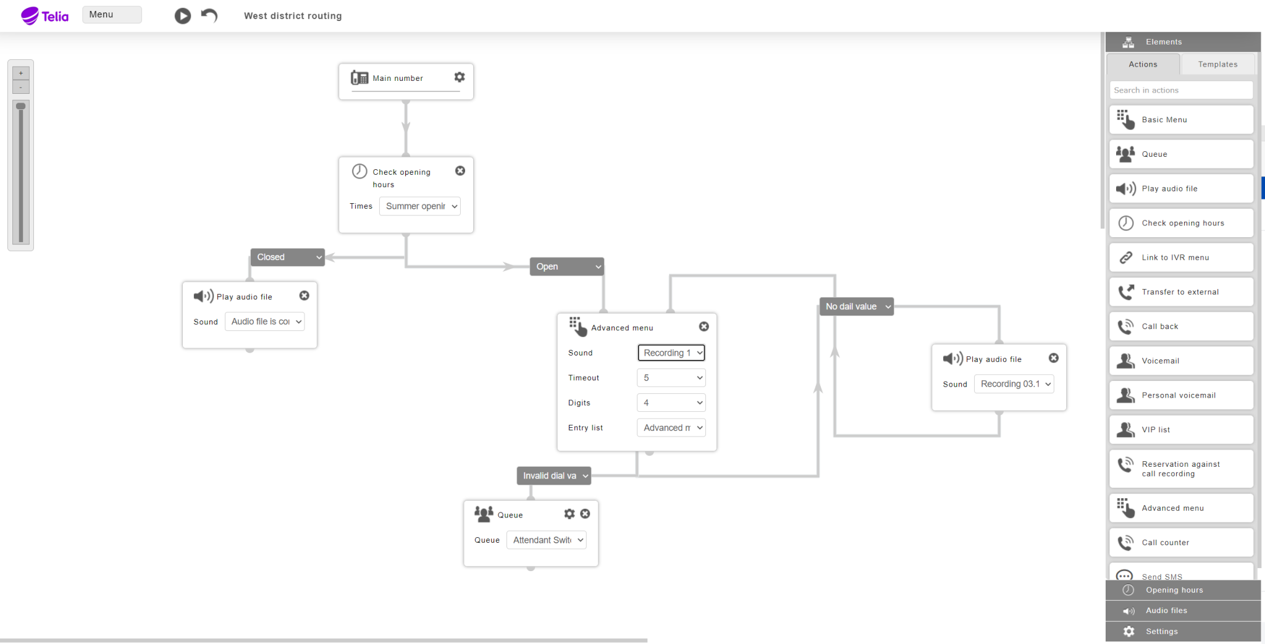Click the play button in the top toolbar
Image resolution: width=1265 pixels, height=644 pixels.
182,15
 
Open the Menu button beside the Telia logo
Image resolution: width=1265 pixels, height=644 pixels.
112,15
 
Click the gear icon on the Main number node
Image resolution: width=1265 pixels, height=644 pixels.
460,77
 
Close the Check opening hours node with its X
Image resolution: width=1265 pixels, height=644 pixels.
460,171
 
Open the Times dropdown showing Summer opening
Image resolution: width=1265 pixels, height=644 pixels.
420,206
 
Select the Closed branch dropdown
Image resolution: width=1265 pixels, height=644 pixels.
288,257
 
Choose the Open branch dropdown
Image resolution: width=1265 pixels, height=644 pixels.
567,267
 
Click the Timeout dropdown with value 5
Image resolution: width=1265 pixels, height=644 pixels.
671,378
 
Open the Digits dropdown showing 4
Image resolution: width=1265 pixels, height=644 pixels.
671,403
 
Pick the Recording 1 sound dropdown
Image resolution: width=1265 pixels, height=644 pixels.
671,353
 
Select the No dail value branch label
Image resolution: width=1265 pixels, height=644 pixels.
857,306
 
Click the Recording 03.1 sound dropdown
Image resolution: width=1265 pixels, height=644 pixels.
1014,384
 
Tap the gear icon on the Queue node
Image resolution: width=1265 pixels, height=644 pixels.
569,514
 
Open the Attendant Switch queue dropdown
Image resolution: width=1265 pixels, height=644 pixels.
547,540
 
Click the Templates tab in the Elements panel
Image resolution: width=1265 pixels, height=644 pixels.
1217,64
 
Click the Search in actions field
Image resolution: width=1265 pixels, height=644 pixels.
1181,90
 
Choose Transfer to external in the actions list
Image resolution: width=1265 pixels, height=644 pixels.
1181,292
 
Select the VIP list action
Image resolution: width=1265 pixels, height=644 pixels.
1181,430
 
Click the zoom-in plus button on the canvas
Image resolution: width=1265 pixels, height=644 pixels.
21,73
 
